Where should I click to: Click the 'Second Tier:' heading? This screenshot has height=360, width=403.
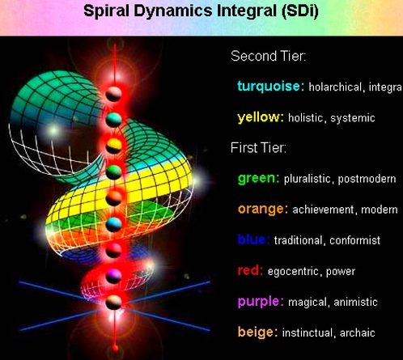(269, 56)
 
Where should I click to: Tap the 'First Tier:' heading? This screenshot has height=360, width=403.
(258, 148)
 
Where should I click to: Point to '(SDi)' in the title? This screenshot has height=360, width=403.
(299, 11)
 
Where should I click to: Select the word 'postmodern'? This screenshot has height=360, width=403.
(367, 179)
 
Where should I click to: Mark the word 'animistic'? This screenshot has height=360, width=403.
(355, 302)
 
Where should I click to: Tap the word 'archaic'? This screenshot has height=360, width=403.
(358, 332)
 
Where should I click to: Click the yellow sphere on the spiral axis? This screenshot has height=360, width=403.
(113, 146)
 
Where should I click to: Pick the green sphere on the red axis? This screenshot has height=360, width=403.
(113, 172)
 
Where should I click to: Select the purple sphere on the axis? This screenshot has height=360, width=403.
(113, 276)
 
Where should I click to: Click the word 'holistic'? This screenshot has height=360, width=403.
(306, 118)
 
